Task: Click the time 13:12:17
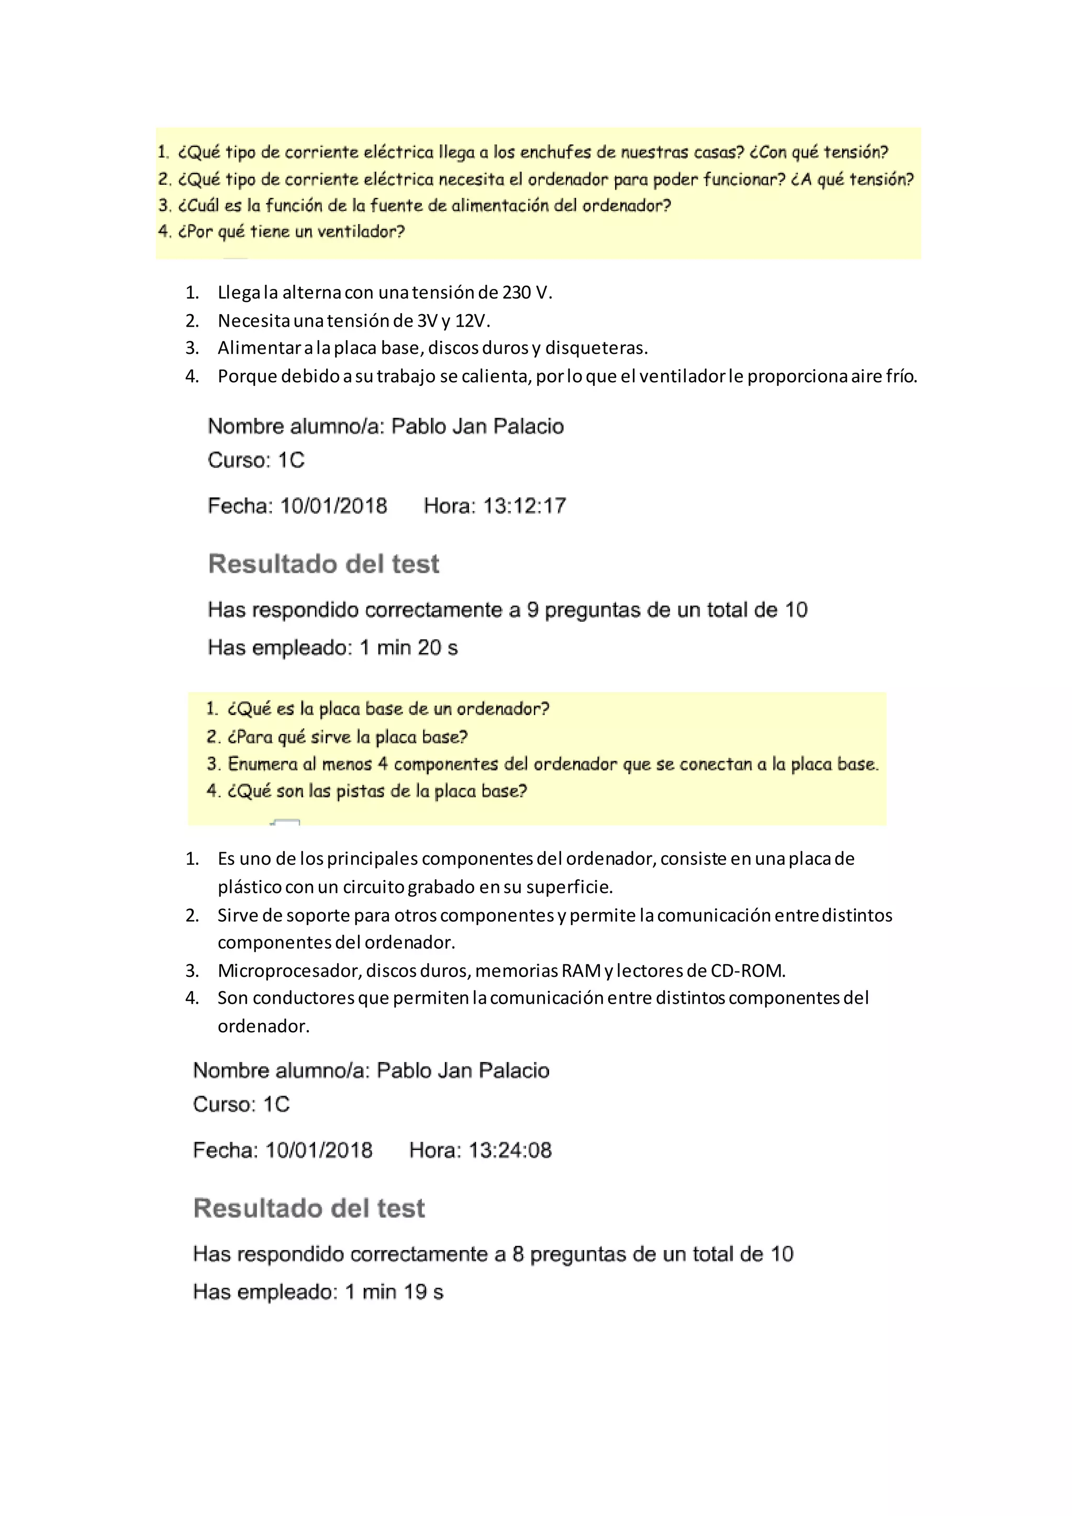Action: [x=525, y=506]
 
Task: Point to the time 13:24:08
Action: [x=510, y=1150]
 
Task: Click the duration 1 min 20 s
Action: [x=409, y=648]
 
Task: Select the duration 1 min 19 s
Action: [x=394, y=1292]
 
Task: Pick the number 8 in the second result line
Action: [x=518, y=1255]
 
